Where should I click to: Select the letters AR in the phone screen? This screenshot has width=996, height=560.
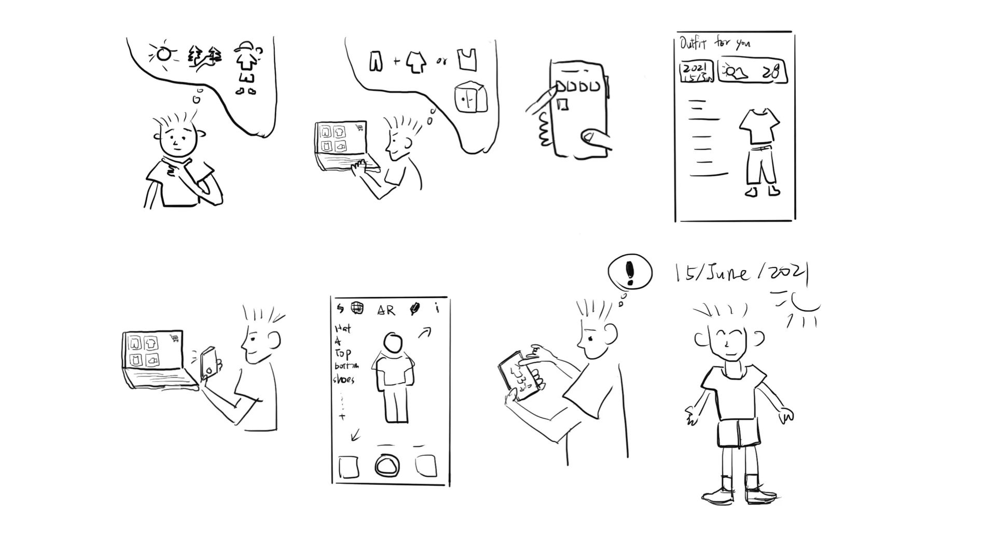(x=386, y=310)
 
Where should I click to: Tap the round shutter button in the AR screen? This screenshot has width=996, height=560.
(x=387, y=466)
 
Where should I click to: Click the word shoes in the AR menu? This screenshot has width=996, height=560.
(x=343, y=380)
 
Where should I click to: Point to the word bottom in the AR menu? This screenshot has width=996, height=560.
(x=345, y=366)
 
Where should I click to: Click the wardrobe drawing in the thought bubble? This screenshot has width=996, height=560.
(x=471, y=97)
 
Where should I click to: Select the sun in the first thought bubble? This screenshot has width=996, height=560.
(x=163, y=53)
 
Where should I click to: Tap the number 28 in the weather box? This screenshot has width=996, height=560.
(x=770, y=73)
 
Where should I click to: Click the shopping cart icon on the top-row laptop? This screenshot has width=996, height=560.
(x=358, y=128)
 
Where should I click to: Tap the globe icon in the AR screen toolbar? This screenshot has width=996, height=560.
(x=357, y=308)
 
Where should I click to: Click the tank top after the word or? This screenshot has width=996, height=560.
(x=466, y=60)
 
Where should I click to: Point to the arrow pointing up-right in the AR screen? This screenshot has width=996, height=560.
(x=425, y=332)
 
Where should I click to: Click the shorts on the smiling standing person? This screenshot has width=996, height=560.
(x=738, y=433)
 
